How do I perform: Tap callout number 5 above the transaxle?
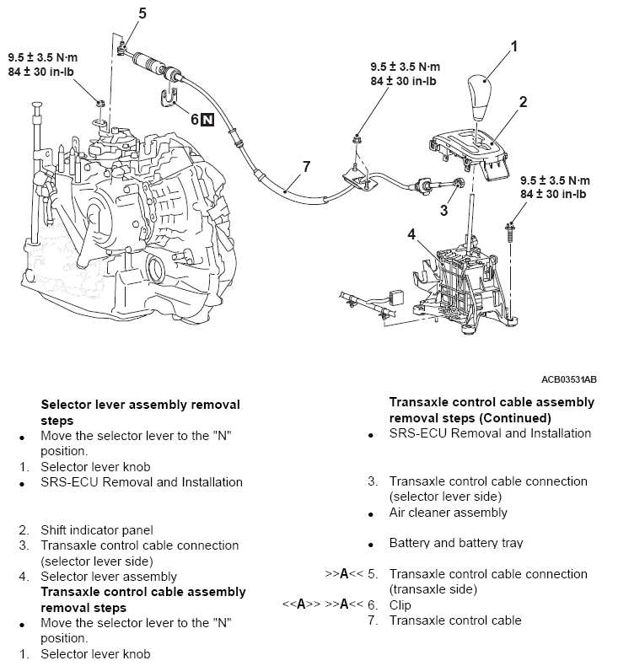point(142,13)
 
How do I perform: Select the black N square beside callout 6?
point(208,120)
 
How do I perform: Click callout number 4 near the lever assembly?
point(411,234)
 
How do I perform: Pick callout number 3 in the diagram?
point(443,210)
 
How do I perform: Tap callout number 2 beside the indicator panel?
point(523,102)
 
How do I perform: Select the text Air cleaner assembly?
point(448,513)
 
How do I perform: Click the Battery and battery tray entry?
point(455,543)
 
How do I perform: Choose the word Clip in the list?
point(402,605)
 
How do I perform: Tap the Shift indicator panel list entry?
point(97,530)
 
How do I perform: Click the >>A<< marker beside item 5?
point(343,574)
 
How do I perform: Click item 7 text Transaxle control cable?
point(455,620)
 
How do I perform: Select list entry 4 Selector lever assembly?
point(109,577)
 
